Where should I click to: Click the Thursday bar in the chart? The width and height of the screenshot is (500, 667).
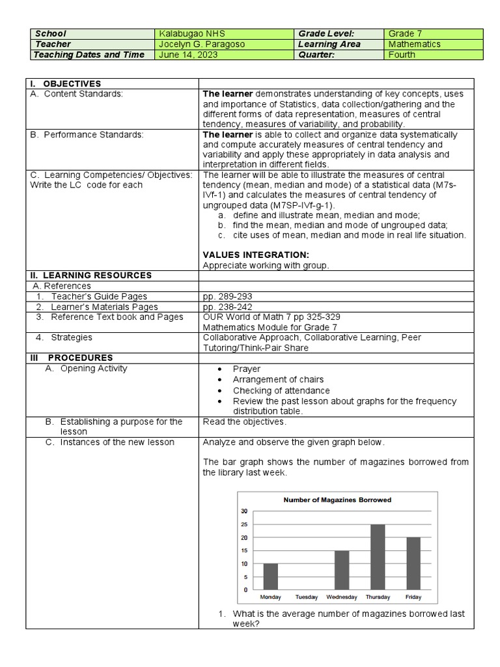click(378, 557)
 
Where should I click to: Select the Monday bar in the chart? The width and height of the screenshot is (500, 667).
click(270, 576)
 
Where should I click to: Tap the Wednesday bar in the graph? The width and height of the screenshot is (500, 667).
click(342, 570)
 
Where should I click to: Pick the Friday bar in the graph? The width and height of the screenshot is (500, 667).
click(413, 563)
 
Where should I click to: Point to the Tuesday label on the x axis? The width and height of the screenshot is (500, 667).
click(306, 597)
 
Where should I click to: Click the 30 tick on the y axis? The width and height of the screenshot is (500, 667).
click(244, 511)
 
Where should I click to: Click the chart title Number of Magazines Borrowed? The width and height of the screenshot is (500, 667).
click(337, 500)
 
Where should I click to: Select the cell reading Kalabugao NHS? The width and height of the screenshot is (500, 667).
click(191, 33)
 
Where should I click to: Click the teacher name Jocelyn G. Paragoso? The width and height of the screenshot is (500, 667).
click(202, 44)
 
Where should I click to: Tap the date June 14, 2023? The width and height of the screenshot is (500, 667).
click(189, 55)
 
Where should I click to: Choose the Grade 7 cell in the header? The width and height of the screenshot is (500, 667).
click(405, 33)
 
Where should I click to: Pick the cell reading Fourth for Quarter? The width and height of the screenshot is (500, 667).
click(402, 55)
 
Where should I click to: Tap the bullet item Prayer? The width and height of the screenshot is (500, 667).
click(246, 369)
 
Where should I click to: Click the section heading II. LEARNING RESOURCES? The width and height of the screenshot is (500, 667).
click(90, 276)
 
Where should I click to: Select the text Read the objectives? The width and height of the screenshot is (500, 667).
click(244, 422)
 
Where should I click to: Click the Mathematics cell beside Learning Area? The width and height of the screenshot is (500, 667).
click(414, 44)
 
